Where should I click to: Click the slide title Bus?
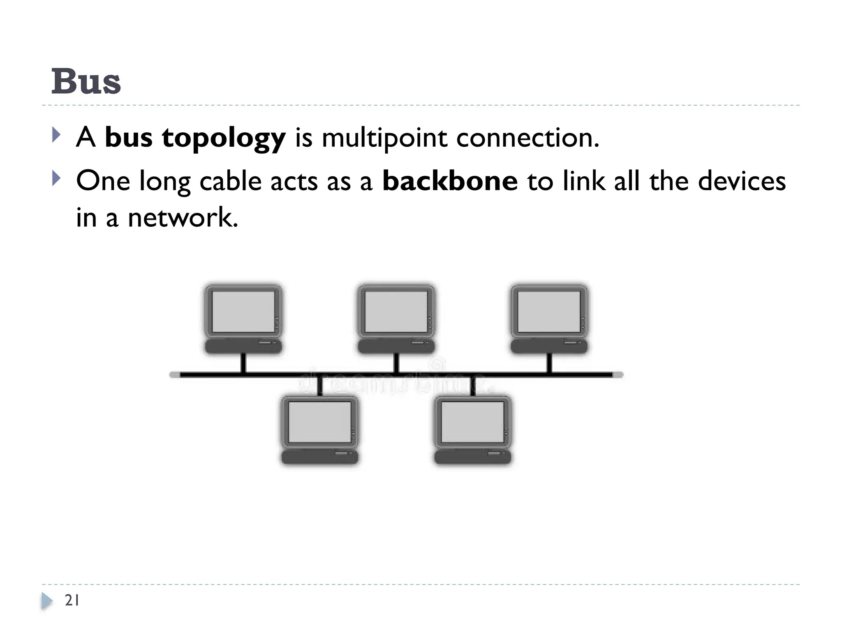click(86, 81)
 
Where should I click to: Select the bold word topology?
click(224, 138)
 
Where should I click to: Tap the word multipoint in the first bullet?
click(384, 138)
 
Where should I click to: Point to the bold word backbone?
click(450, 181)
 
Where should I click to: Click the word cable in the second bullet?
click(230, 181)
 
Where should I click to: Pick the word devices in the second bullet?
click(742, 181)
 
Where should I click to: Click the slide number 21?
click(72, 600)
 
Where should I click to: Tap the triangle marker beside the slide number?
click(47, 601)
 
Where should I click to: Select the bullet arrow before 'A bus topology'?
click(56, 135)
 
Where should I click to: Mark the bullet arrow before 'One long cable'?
click(56, 179)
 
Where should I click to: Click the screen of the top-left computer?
click(243, 312)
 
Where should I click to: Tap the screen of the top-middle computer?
click(396, 312)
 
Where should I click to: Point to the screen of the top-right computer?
click(549, 312)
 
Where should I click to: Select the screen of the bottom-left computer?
click(319, 422)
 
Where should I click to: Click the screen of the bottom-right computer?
click(472, 422)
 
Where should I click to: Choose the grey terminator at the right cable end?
click(618, 375)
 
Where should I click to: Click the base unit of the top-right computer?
click(549, 346)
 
